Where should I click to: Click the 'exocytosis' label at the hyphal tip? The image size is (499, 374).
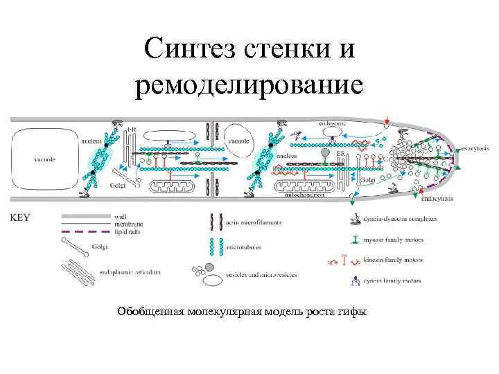click(x=475, y=148)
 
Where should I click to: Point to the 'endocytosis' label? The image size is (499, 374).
click(x=437, y=198)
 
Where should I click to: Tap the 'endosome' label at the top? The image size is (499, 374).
click(x=313, y=122)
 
